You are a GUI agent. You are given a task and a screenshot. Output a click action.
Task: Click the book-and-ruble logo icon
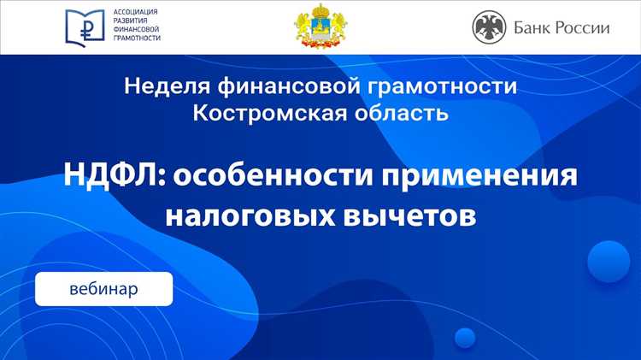coord(86,27)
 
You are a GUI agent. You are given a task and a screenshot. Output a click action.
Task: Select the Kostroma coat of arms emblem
coord(320,27)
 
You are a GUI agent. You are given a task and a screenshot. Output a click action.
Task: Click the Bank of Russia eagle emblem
coord(490,27)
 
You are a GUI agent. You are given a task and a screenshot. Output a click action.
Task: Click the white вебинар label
coord(103,289)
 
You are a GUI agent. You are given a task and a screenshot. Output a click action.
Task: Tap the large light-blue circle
coord(609,262)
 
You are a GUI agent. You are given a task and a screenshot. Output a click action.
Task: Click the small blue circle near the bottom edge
coord(464,337)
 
